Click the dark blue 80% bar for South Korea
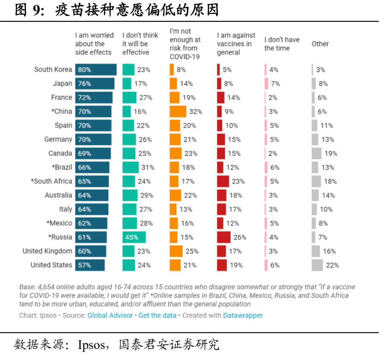coord(96,70)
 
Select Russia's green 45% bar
coord(134,237)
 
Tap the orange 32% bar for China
coord(178,112)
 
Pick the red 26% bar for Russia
coord(223,237)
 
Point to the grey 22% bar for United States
coord(317,265)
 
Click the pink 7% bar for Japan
coord(266,84)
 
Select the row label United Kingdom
coord(47,251)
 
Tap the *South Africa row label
coord(51,181)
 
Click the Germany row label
coord(58,139)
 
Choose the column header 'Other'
coord(320,44)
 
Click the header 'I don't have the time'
coord(282,44)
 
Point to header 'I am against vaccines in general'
coord(236,44)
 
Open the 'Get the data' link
coord(157,315)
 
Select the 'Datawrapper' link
coord(243,315)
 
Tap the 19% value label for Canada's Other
coord(331,154)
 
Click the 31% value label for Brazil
coord(148,168)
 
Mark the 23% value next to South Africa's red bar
coord(238,182)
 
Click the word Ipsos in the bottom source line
coord(92,345)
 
